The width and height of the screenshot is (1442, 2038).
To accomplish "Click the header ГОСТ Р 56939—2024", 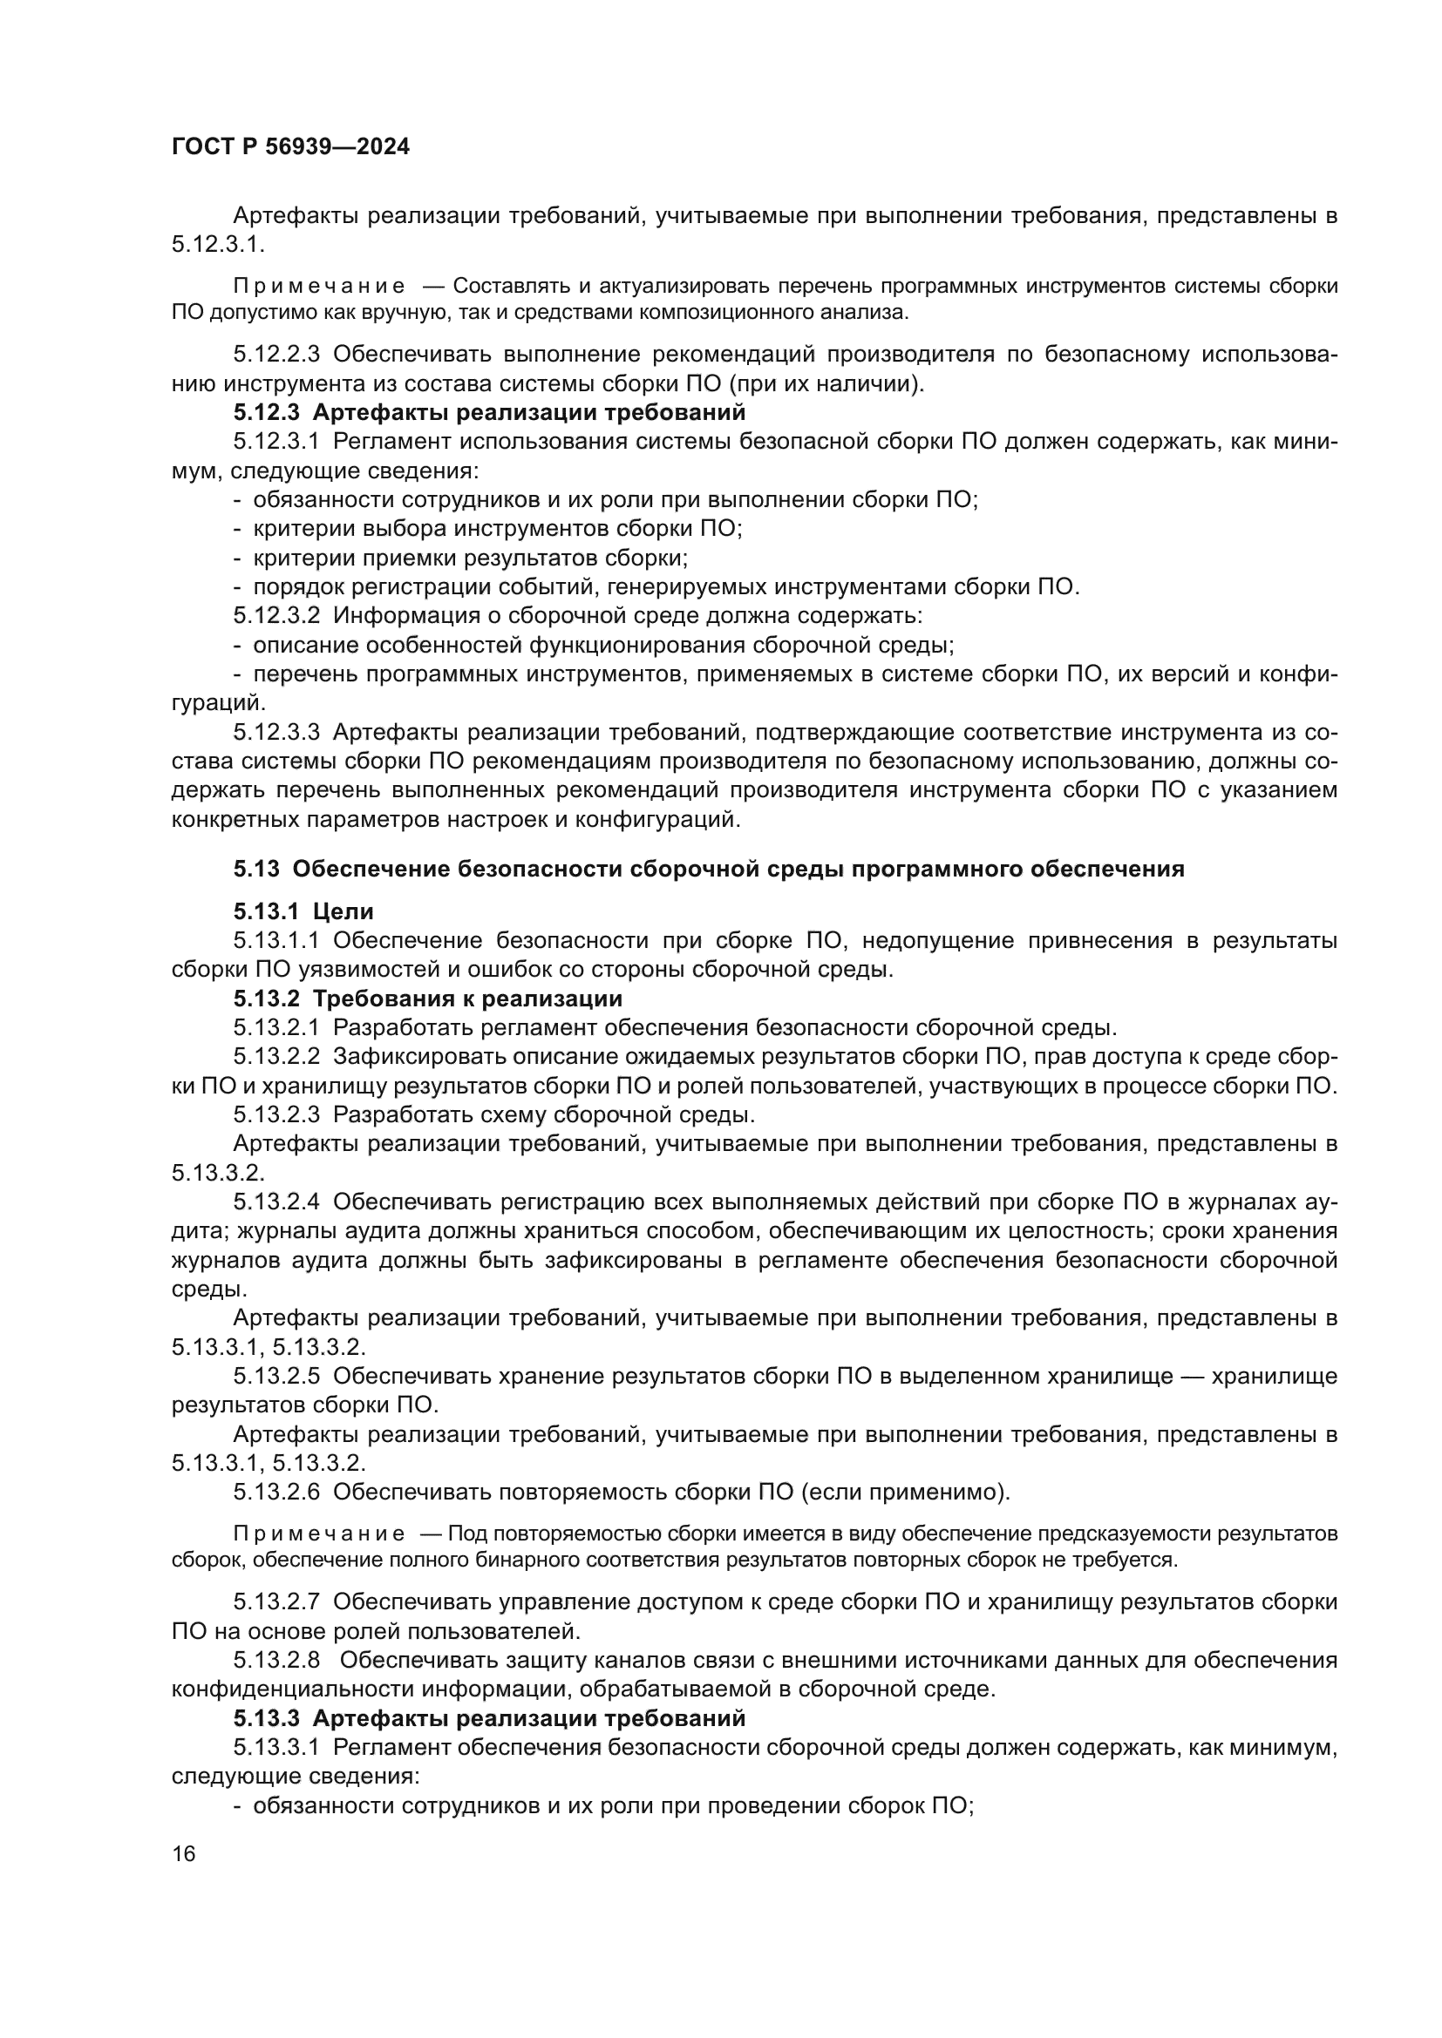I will point(290,147).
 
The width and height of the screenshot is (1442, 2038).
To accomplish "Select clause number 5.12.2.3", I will point(276,354).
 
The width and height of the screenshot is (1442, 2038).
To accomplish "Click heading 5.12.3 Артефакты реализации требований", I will point(489,413).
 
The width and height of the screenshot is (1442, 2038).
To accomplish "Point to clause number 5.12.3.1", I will point(276,442).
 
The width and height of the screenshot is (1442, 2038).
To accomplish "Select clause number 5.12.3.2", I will point(276,616).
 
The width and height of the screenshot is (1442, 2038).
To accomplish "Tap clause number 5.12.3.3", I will point(276,732).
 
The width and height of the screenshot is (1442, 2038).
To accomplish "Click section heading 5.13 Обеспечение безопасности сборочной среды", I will point(709,869).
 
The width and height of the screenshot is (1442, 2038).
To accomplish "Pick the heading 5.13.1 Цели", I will point(303,911).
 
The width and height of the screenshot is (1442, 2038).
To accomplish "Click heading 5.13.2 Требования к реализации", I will point(428,999).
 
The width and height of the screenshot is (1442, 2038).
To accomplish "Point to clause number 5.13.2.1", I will point(276,1028).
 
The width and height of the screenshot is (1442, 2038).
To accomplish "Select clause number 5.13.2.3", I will point(276,1115).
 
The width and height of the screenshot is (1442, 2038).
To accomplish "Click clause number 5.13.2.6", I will point(276,1492).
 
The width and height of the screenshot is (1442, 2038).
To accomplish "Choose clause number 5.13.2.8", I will point(276,1661).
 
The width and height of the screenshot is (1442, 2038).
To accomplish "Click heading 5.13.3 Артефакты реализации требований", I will point(489,1718).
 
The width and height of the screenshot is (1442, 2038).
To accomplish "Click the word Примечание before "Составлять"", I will point(319,286).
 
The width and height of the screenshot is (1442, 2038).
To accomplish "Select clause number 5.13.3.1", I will point(276,1748).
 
